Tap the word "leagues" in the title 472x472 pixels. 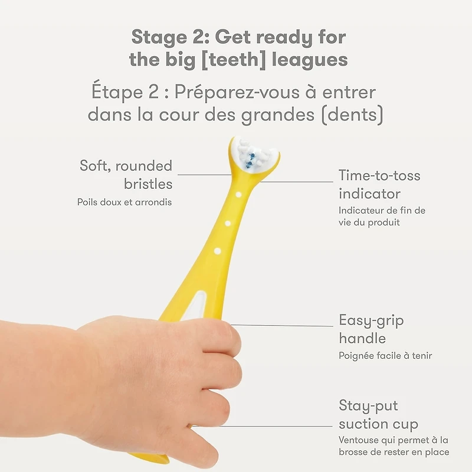[x=314, y=60]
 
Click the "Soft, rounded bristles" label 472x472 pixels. [x=126, y=175]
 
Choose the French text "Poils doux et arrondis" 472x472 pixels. [x=124, y=202]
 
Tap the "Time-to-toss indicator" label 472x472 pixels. [x=379, y=184]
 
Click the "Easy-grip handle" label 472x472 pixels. [x=371, y=329]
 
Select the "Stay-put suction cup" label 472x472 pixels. [x=378, y=415]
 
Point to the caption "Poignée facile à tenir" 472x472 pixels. [x=385, y=356]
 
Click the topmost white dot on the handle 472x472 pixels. [x=238, y=194]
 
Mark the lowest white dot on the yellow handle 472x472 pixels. [x=217, y=251]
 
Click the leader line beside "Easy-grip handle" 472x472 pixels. [x=283, y=326]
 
